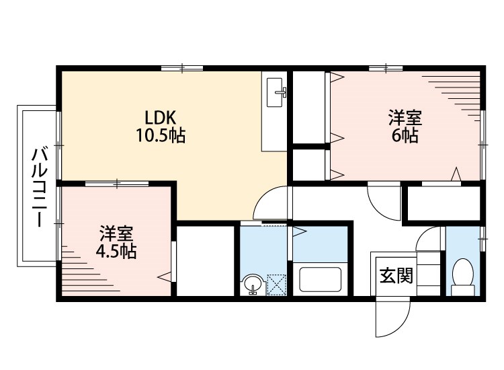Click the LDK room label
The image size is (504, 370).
tap(161, 118)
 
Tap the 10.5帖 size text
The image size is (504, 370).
tap(161, 135)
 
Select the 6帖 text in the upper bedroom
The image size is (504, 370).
tap(405, 135)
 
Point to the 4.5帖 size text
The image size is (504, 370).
tap(116, 252)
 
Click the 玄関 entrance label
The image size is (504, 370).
tap(396, 275)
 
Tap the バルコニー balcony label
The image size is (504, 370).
tap(39, 188)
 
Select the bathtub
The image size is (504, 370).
tap(320, 280)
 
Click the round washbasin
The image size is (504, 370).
tap(253, 284)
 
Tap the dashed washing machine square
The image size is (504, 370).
tap(276, 285)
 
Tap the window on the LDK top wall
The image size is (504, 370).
tap(182, 68)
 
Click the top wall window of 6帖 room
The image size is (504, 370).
tap(386, 68)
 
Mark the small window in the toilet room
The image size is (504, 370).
tap(482, 239)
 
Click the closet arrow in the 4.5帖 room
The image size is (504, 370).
tap(164, 276)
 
